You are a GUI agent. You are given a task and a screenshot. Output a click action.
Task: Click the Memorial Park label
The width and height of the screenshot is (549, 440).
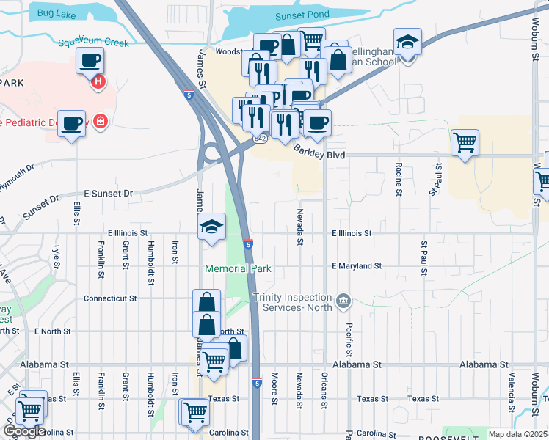click(x=239, y=268)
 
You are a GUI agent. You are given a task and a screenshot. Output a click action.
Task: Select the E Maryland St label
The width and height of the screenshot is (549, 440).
click(x=357, y=265)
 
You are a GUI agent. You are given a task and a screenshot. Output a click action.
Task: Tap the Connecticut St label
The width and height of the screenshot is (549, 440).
click(x=110, y=298)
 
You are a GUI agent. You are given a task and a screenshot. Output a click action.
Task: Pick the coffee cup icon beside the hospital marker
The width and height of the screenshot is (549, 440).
click(x=90, y=62)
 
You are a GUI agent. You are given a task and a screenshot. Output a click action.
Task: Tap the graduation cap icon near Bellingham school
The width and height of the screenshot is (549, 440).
click(x=407, y=43)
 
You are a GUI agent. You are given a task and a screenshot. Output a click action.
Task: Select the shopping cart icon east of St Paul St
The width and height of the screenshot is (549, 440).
click(x=465, y=142)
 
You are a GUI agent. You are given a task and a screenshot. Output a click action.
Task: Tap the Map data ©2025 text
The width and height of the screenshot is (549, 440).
click(x=517, y=434)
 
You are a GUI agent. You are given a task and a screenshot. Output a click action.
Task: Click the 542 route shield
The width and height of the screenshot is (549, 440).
click(x=260, y=138)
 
